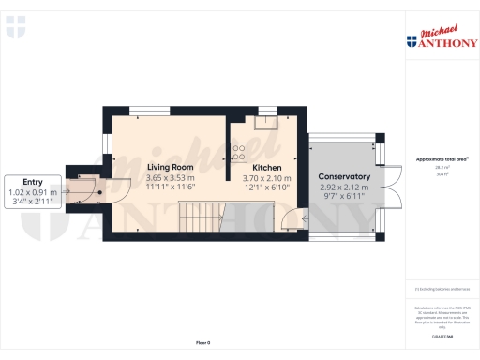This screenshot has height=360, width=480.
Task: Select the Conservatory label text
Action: coord(344,177)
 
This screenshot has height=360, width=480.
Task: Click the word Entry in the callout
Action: coord(33,182)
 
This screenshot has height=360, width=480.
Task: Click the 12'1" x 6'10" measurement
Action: coord(267,187)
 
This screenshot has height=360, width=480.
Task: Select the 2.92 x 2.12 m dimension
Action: coord(344,187)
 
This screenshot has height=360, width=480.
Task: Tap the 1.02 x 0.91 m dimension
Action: coord(33,191)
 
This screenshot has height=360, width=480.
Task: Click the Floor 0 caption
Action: coord(202,344)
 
